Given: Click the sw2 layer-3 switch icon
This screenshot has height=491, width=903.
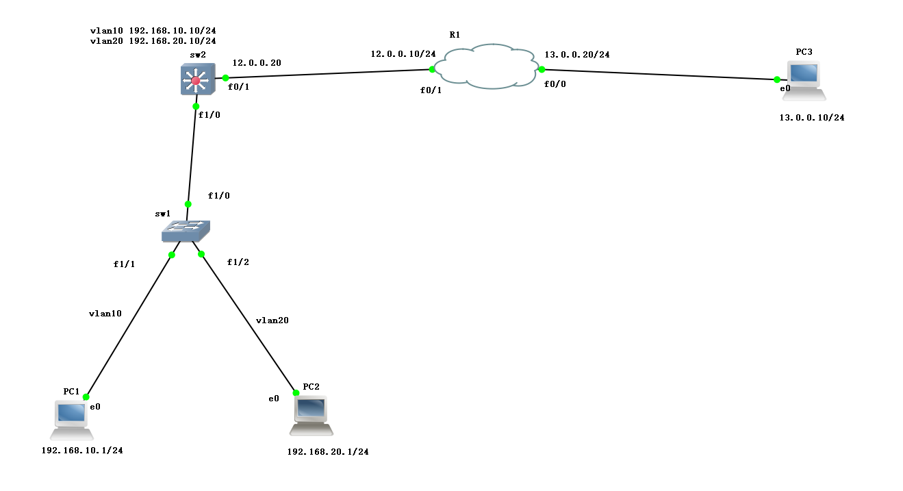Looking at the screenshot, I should (x=196, y=80).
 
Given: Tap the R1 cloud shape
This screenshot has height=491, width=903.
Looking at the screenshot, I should (x=487, y=67).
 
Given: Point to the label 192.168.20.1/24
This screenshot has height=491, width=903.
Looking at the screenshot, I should (x=328, y=452).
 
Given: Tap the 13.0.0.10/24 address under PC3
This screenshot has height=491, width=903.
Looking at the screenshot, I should (x=812, y=118).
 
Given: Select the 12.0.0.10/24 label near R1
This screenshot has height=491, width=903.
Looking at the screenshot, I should (x=403, y=53).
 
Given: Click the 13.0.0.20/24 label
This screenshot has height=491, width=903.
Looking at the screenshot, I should (x=577, y=54).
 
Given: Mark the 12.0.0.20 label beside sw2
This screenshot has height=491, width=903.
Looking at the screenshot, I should (x=257, y=62).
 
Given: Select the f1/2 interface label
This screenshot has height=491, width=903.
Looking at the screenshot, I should (x=238, y=262).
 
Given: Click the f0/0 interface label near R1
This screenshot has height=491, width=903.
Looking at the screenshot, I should (x=555, y=84).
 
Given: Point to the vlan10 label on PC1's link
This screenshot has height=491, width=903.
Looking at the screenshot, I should (x=105, y=314).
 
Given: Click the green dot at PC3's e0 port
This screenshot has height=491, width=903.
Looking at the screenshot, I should (x=777, y=79).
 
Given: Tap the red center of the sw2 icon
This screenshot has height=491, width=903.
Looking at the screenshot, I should (x=196, y=81).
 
